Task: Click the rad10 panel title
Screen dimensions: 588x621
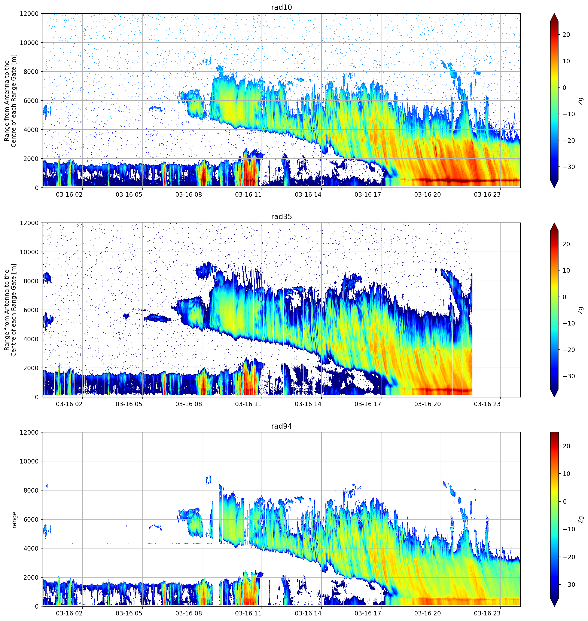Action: pos(281,7)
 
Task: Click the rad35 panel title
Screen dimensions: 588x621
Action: pos(281,217)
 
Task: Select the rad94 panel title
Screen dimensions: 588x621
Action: pos(281,426)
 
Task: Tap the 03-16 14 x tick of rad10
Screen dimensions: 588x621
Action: pos(308,195)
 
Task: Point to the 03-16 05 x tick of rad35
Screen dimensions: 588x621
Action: pos(129,404)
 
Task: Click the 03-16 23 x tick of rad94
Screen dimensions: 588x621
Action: pos(487,613)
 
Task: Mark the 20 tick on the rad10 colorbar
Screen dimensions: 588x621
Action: pos(566,35)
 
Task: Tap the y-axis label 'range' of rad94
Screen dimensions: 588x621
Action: pos(14,520)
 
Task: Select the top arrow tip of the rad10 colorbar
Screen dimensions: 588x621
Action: pos(554,13)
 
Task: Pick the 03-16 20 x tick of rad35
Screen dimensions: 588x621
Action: pos(427,404)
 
